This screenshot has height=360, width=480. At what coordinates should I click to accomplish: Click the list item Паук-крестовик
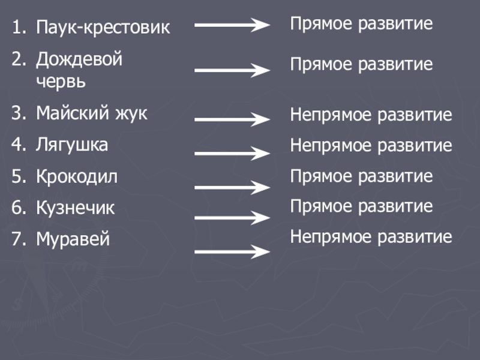[103, 28]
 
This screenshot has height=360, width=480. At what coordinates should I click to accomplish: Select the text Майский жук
[91, 113]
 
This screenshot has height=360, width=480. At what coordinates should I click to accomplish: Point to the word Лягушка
[72, 145]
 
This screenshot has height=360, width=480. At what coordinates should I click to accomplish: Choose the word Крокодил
[77, 177]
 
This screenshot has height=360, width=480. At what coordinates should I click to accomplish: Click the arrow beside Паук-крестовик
[232, 25]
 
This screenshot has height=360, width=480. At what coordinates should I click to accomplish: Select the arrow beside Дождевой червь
[232, 70]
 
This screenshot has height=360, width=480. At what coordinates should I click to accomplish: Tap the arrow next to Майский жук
[232, 119]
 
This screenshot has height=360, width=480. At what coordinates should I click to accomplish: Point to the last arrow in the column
[232, 251]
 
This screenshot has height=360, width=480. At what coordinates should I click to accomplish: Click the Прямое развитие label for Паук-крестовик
[362, 25]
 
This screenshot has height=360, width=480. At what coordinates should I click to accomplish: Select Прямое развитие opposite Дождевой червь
[362, 64]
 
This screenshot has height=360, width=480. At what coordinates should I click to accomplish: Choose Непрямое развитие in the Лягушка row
[371, 145]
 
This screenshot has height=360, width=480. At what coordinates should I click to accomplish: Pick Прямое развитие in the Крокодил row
[362, 176]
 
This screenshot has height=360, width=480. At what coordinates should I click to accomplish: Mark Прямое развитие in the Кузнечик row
[362, 207]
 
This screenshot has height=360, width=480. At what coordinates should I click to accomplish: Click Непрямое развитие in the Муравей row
[371, 237]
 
